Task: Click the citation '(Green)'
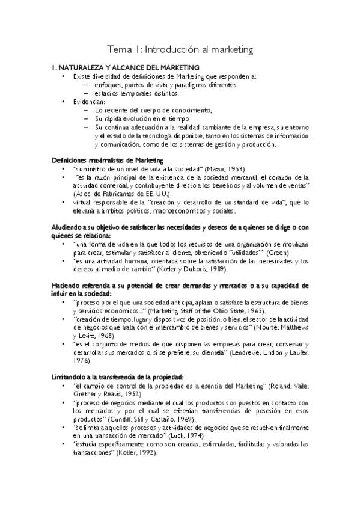pyautogui.click(x=294, y=253)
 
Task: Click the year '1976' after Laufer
pyautogui.click(x=81, y=361)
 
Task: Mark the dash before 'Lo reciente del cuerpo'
pyautogui.click(x=87, y=111)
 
